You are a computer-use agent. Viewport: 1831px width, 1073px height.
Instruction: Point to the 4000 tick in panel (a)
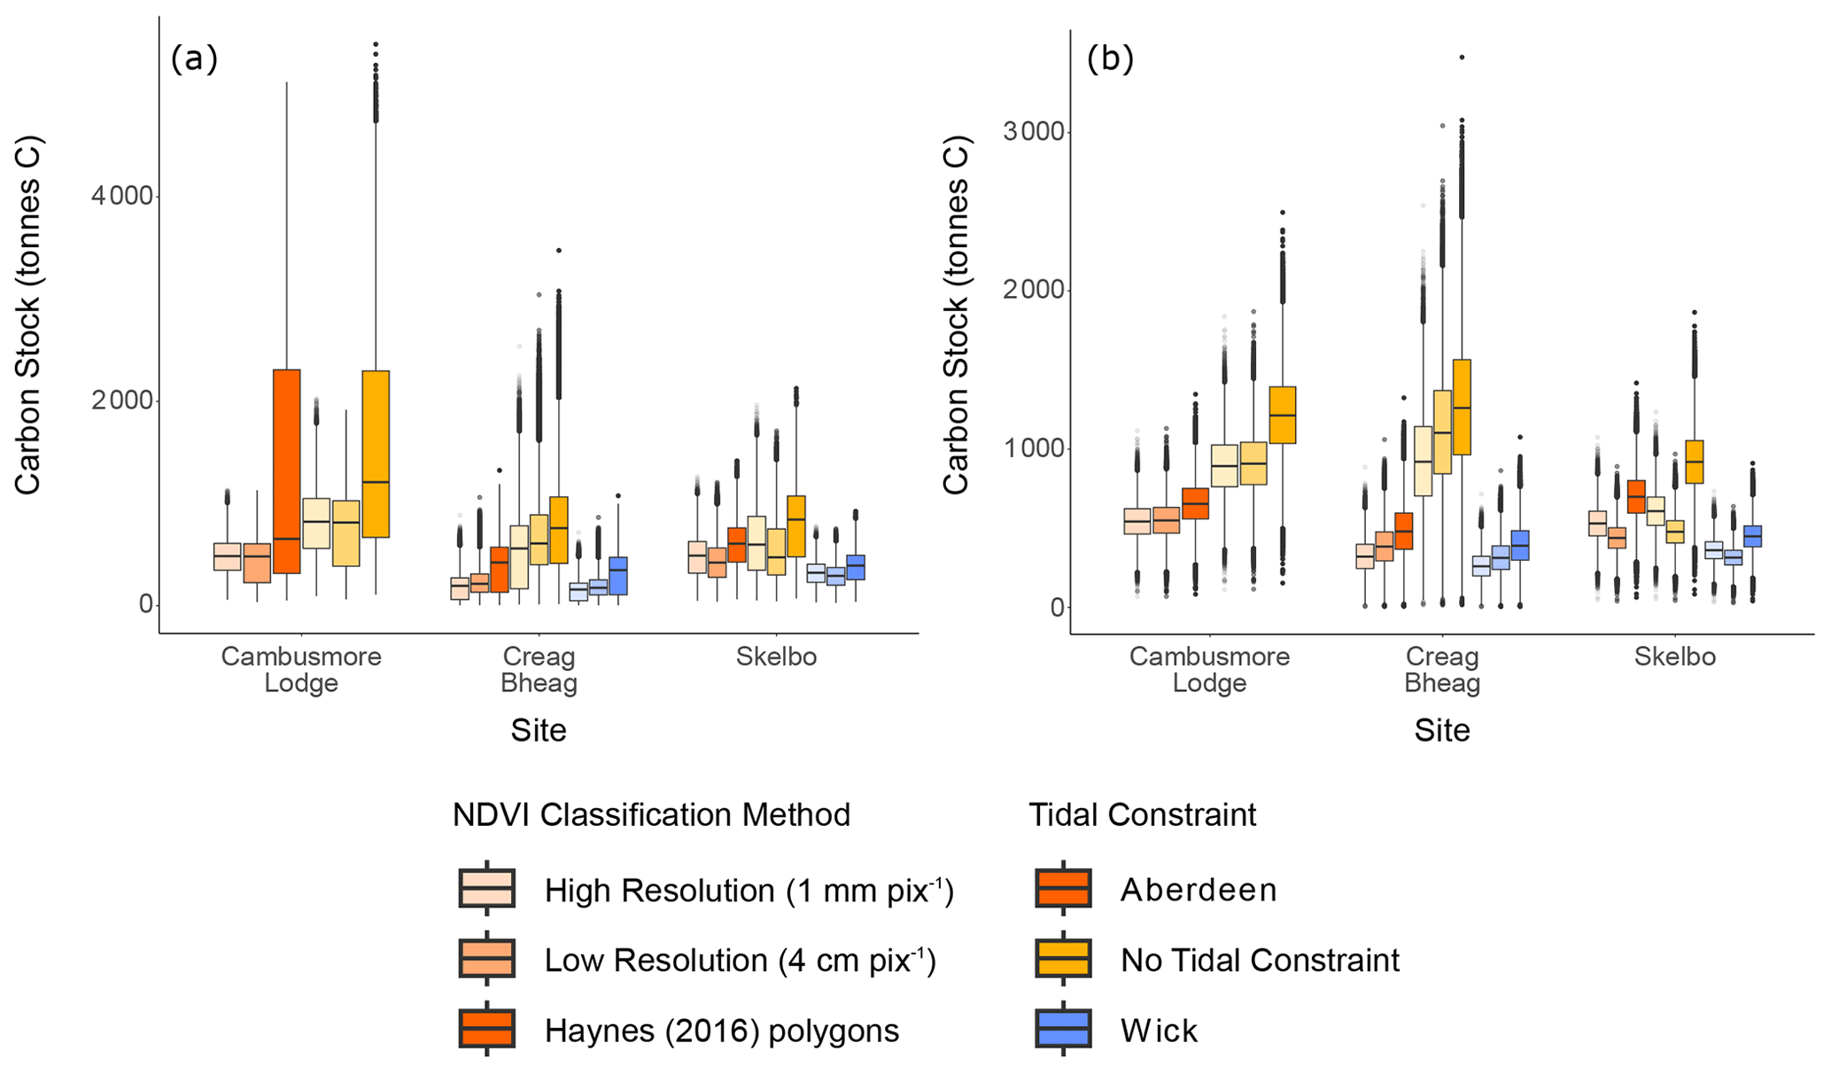(x=122, y=196)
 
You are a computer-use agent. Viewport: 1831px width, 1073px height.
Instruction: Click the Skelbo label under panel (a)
(x=776, y=657)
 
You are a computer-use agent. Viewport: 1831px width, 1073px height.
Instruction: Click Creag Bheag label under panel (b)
(x=1442, y=670)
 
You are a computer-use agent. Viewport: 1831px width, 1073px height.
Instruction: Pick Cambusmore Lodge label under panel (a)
(x=301, y=670)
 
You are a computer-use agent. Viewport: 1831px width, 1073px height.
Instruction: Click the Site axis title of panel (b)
(x=1442, y=730)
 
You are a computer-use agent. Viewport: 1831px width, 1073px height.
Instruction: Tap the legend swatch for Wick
(x=1063, y=1029)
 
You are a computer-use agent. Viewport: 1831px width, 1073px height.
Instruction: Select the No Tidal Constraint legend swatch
(x=1063, y=959)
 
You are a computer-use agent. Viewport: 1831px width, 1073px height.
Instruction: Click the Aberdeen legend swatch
(x=1063, y=888)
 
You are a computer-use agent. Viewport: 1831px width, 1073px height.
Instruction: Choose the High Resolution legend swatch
(x=487, y=888)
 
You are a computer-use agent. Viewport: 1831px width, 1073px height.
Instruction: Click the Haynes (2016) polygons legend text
(x=722, y=1030)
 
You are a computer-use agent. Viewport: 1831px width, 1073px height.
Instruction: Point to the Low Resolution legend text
(x=740, y=960)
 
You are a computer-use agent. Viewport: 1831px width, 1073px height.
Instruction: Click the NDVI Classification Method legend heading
(x=651, y=815)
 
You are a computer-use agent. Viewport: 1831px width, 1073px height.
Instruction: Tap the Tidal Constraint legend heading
(x=1142, y=815)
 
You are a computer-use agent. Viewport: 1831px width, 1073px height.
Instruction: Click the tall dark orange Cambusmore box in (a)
(x=286, y=470)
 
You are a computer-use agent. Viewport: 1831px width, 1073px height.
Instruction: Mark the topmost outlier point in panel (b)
(x=1462, y=58)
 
